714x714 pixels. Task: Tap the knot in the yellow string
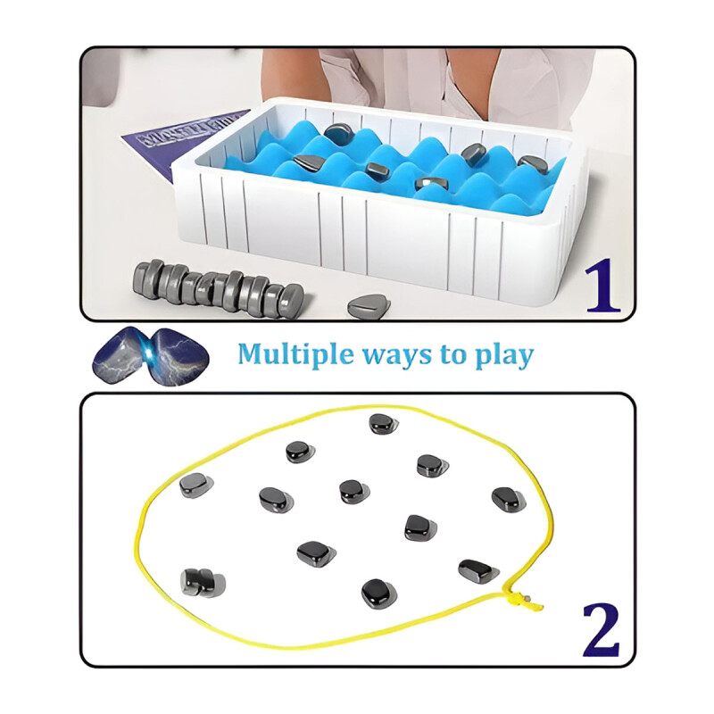518,596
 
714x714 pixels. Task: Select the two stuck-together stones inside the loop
202,582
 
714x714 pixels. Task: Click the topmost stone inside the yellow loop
383,424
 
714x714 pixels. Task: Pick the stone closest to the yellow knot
478,570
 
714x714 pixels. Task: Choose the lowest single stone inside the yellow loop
378,593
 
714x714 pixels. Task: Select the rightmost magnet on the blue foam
533,164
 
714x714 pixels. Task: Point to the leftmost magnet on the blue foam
307,163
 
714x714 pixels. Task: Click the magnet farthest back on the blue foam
338,135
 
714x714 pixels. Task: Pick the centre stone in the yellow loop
354,491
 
